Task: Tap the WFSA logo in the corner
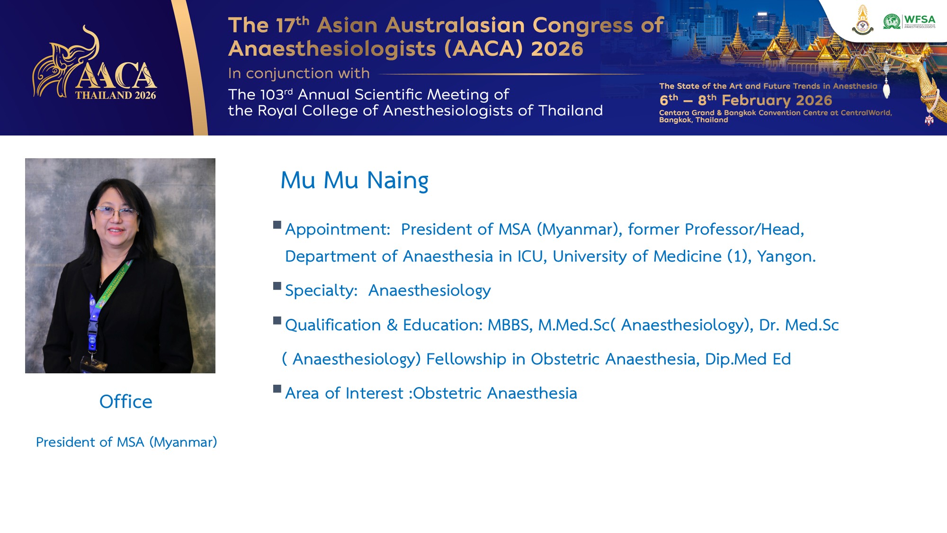(910, 21)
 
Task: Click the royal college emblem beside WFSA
(863, 20)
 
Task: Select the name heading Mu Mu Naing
(354, 181)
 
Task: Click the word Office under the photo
(125, 402)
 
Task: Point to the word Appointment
(338, 230)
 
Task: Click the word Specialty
(321, 290)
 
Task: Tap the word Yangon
(786, 256)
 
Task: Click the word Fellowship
(466, 359)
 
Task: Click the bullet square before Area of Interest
(277, 389)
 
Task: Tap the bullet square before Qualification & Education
(277, 321)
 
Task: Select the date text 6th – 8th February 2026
(745, 100)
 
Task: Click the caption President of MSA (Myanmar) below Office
(126, 442)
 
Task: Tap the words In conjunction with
(299, 73)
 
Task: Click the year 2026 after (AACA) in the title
(557, 49)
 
